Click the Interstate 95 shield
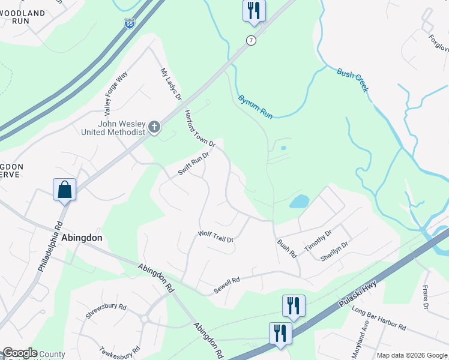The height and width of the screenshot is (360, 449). click(130, 23)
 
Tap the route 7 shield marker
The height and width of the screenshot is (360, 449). click(250, 40)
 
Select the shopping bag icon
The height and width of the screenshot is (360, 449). click(64, 190)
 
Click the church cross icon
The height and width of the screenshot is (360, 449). click(154, 127)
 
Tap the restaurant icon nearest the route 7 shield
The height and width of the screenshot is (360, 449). click(254, 11)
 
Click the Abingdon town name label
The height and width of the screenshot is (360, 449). click(82, 238)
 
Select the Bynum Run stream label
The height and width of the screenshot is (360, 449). click(255, 107)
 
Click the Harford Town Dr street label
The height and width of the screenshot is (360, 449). click(199, 128)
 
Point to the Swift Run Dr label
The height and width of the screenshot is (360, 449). click(193, 164)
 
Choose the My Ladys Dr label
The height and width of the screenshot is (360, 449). click(170, 85)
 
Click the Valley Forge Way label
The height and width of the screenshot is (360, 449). click(116, 94)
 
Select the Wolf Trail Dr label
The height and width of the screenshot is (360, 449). click(215, 236)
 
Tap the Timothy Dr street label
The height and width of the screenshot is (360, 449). click(318, 242)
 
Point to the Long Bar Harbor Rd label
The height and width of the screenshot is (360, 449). click(379, 319)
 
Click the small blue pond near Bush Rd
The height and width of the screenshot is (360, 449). click(299, 201)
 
